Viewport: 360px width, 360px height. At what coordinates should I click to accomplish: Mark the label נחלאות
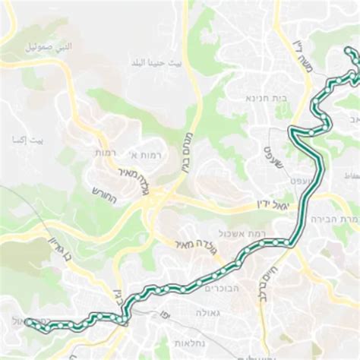[185, 343]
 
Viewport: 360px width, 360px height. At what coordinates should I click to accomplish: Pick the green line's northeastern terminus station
[348, 51]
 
